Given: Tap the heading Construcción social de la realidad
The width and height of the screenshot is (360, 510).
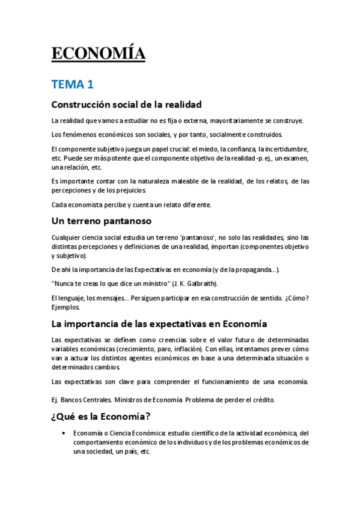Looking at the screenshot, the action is [x=126, y=104].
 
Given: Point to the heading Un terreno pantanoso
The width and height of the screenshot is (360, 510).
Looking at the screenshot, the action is [x=101, y=221].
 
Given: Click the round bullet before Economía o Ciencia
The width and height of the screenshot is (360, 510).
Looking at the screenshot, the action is [x=64, y=433].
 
